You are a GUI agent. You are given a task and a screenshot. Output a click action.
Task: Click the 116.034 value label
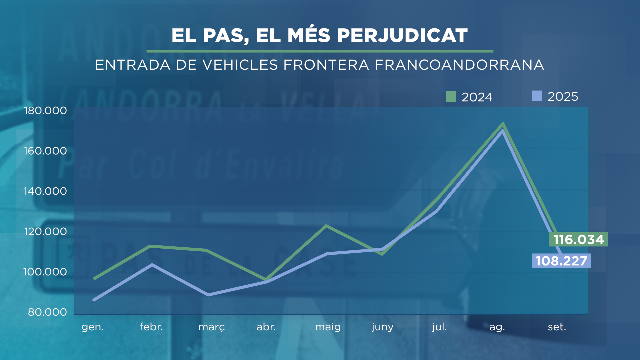pos(578,239)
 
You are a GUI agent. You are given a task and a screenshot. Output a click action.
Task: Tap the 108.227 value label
pos(561,261)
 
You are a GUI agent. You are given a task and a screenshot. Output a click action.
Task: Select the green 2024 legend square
pos(451,97)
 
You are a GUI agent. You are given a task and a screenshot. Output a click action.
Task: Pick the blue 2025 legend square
pos(537,96)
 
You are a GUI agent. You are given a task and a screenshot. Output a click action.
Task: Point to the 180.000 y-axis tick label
pos(45,111)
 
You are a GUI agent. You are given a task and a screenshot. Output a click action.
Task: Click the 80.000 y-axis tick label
pos(47,312)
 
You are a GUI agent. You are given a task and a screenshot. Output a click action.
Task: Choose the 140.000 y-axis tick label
pos(45,191)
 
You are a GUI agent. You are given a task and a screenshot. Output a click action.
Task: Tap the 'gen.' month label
pos(93,327)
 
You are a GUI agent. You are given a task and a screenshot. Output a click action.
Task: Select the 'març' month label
pos(212,327)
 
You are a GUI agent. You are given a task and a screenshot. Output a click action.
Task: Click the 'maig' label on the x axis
pos(328,327)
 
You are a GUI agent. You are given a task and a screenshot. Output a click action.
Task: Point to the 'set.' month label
pos(557,327)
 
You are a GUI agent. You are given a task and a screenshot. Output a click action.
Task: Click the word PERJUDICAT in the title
pos(402,35)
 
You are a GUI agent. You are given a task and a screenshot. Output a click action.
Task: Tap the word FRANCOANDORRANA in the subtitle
pos(459,65)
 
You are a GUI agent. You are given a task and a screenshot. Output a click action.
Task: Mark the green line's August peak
pos(503,124)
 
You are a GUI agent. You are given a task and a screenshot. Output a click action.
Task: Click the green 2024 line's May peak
pos(326,226)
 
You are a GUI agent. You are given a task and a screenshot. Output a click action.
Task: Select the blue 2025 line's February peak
pos(152,265)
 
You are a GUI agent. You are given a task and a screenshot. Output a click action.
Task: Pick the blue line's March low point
pos(208,295)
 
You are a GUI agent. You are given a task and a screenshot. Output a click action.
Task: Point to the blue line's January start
pos(94,300)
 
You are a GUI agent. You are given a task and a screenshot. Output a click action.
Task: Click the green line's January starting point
pos(95,278)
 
